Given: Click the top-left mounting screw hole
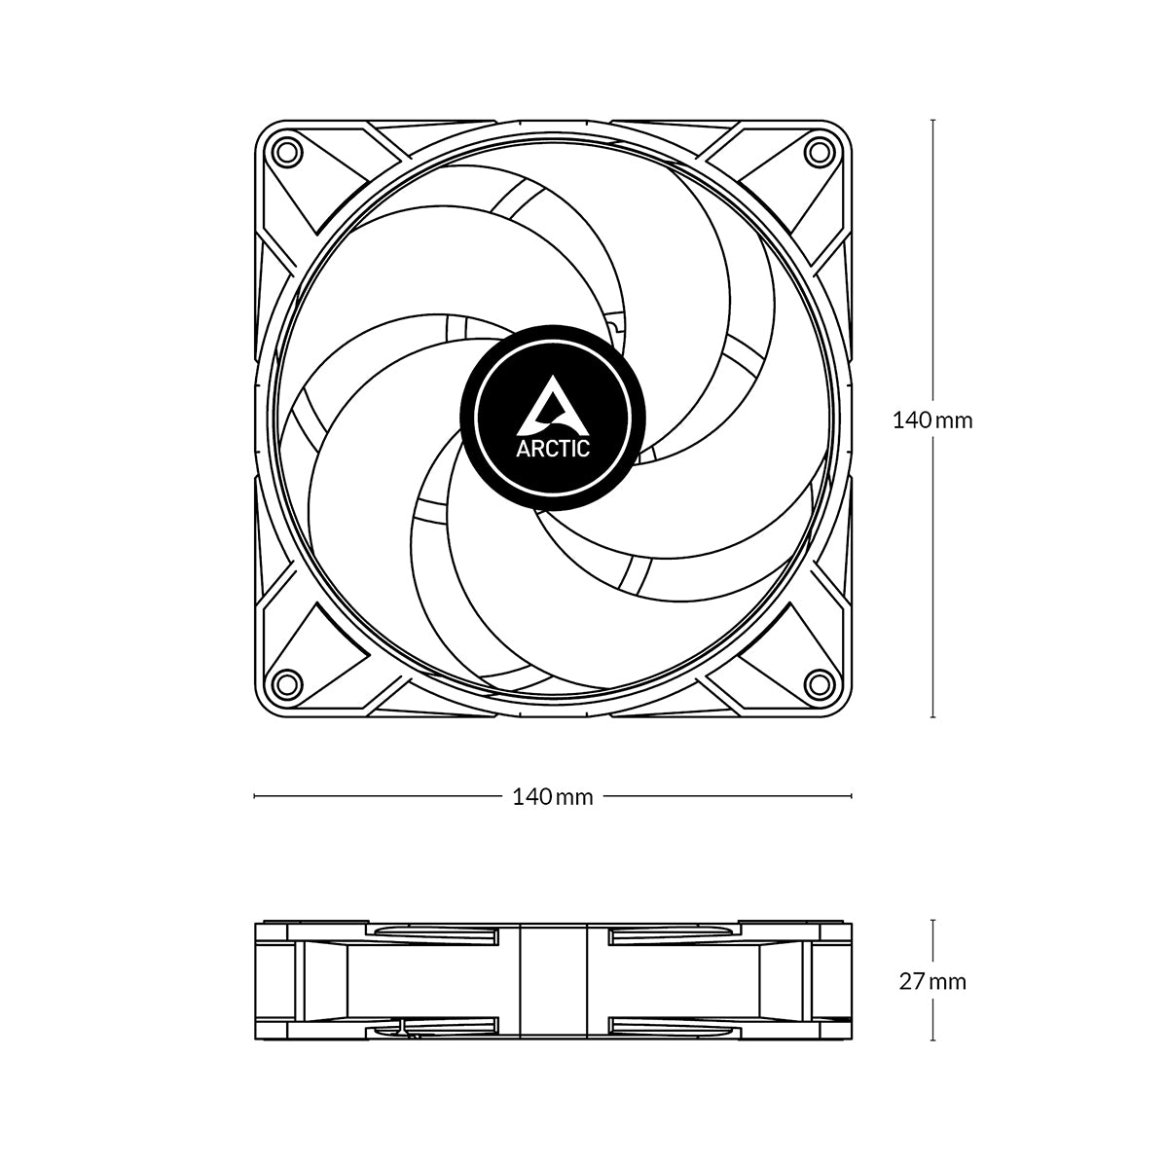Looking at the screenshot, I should click(286, 152).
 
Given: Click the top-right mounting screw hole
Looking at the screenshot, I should click(820, 152).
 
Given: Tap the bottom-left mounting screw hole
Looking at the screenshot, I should click(286, 684).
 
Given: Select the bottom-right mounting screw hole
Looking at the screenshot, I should click(820, 684).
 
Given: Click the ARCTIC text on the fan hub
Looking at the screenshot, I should click(552, 449).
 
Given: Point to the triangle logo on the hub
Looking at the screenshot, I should click(552, 409).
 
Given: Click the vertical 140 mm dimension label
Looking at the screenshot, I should click(932, 420).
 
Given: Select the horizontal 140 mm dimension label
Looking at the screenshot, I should click(553, 796).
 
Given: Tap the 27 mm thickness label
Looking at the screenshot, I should click(932, 981).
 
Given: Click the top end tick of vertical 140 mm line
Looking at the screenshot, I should click(933, 120).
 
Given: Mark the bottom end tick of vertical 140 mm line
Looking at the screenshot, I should click(933, 717).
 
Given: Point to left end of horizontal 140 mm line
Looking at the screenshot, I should click(255, 796).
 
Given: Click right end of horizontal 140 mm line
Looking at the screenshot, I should click(852, 796).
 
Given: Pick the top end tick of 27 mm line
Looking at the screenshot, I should click(933, 920).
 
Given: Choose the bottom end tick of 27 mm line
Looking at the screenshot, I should click(933, 1042).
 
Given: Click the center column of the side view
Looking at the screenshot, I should click(553, 981).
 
